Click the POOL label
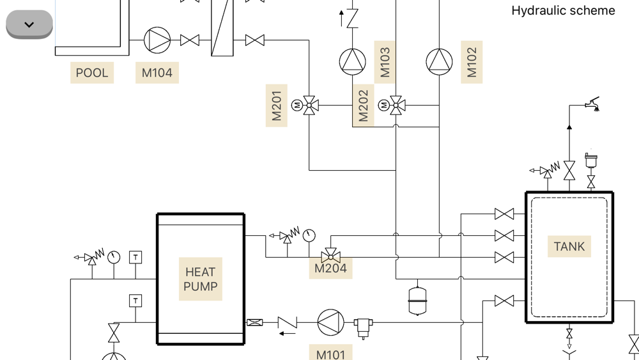92,73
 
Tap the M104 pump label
157,73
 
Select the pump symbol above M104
157,40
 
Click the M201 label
277,106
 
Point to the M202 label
364,106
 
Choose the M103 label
385,62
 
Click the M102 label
472,62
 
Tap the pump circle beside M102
439,62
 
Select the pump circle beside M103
352,62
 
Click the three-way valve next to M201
310,105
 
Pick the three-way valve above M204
330,254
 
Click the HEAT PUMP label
201,279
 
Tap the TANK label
569,246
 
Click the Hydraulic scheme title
563,11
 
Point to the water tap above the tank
593,104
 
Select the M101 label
331,354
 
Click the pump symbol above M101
331,323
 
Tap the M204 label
331,269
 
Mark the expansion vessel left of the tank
417,300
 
